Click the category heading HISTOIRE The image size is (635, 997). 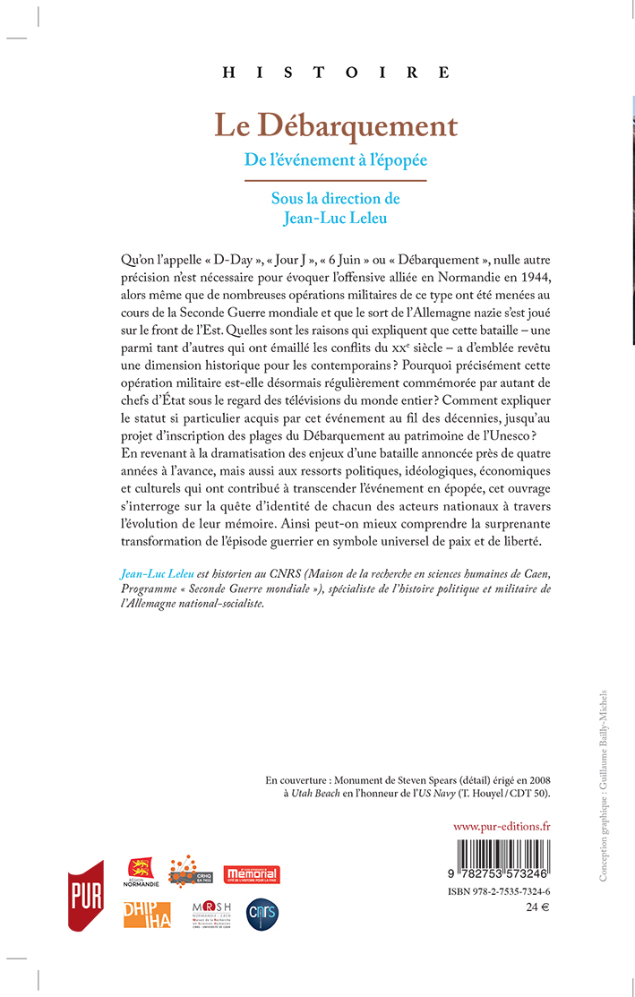tap(336, 73)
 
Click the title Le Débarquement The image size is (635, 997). tap(336, 125)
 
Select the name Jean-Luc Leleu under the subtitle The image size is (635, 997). tap(336, 216)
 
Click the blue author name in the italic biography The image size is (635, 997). tap(158, 571)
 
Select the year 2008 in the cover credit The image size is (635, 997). tap(535, 778)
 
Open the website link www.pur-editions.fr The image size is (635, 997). tap(502, 826)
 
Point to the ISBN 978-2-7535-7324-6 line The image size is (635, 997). tap(498, 892)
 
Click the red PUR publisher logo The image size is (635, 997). tap(87, 895)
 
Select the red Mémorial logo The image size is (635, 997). tap(252, 874)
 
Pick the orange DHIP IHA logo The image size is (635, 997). tap(147, 915)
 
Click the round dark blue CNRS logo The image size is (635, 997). tap(262, 915)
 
